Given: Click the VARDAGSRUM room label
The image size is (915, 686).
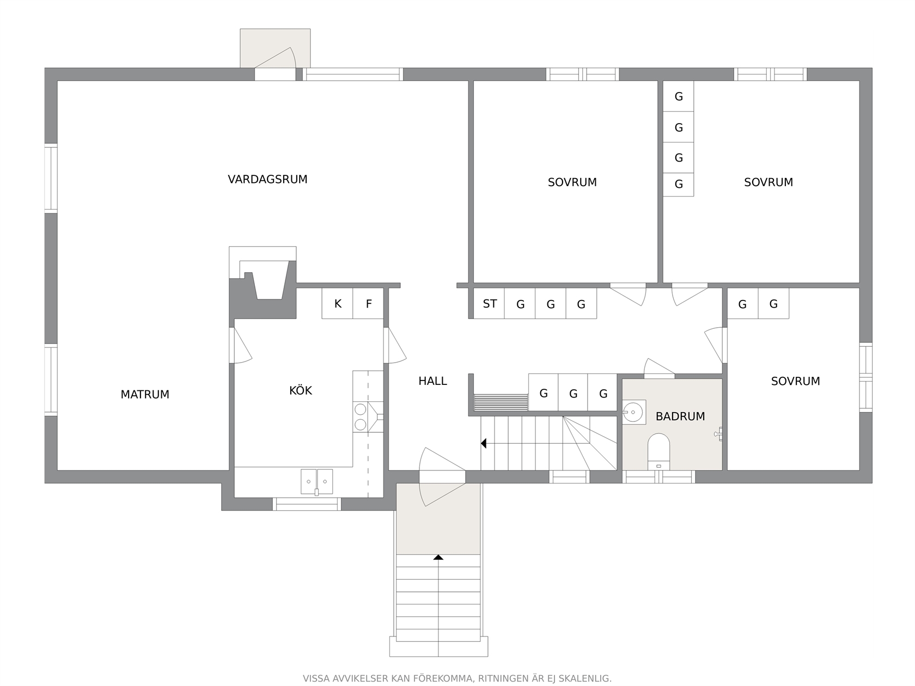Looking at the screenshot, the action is pyautogui.click(x=267, y=180).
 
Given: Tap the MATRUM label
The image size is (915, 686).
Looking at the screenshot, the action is pyautogui.click(x=145, y=394).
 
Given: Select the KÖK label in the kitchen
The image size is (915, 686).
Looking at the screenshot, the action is pyautogui.click(x=300, y=390).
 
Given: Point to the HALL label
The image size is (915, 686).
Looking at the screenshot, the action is pyautogui.click(x=432, y=381).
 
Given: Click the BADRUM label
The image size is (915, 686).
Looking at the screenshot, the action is pyautogui.click(x=680, y=416).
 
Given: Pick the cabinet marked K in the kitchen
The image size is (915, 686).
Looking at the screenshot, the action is pyautogui.click(x=337, y=304).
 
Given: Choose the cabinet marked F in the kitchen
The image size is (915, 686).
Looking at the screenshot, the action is pyautogui.click(x=368, y=304).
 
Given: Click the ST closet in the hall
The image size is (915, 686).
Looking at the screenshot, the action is pyautogui.click(x=490, y=304).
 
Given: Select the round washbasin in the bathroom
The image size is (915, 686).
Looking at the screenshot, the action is pyautogui.click(x=633, y=412).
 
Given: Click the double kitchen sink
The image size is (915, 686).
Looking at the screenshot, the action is pyautogui.click(x=317, y=481).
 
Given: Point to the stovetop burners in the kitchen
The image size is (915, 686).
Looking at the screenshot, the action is pyautogui.click(x=360, y=417).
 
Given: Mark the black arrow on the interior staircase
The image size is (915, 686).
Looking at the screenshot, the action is pyautogui.click(x=484, y=444).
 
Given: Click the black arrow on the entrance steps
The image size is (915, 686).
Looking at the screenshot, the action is pyautogui.click(x=438, y=558).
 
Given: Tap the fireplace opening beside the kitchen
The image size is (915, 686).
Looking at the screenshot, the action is pyautogui.click(x=269, y=280).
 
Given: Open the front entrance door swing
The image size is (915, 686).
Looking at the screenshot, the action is pyautogui.click(x=442, y=477).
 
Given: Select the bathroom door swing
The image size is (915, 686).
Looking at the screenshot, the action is pyautogui.click(x=659, y=368).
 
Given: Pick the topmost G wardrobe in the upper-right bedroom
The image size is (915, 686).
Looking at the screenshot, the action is pyautogui.click(x=678, y=96).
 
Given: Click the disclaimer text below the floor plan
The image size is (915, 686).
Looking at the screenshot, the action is pyautogui.click(x=457, y=678).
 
